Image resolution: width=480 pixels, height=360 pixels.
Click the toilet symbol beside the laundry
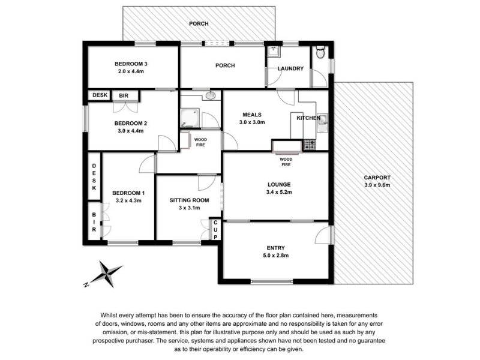[x=320, y=52]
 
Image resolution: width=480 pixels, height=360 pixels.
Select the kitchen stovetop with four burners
[x=309, y=145]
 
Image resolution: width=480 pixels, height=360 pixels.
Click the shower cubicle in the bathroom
[x=190, y=118]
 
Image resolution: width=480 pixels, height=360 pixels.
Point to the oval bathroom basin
[x=211, y=95]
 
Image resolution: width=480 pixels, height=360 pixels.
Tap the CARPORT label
[x=377, y=178]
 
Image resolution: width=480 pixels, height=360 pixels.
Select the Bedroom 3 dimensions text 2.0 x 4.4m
[x=131, y=71]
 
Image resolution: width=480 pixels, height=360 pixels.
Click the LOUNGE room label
[x=279, y=185]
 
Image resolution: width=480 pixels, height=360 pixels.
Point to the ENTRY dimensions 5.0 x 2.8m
[x=276, y=256]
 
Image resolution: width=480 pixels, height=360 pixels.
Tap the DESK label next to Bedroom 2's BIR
[x=100, y=95]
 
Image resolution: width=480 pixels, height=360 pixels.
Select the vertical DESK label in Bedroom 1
[x=94, y=177]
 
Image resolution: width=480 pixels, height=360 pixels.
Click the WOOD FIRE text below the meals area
[x=286, y=162]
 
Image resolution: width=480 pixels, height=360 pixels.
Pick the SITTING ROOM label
[x=189, y=200]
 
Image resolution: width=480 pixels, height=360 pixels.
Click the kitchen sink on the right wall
[x=322, y=123]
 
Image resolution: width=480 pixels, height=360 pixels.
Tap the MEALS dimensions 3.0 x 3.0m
[x=252, y=122]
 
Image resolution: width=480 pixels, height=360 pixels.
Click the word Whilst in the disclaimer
[x=109, y=316]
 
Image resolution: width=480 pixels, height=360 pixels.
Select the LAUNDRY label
[x=290, y=68]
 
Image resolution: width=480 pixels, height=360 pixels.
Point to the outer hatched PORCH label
[x=199, y=23]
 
